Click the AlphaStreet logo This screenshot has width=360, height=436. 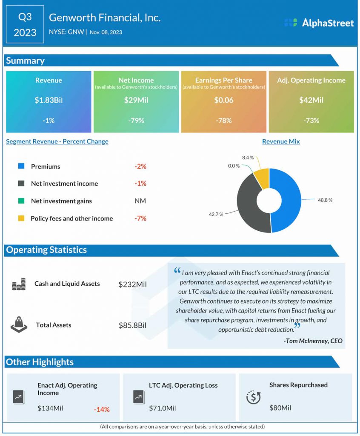tap(319, 23)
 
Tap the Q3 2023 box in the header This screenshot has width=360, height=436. tap(25, 24)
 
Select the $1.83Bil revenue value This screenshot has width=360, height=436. tap(49, 100)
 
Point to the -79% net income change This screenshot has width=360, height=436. tap(136, 120)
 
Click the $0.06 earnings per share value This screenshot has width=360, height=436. tap(223, 100)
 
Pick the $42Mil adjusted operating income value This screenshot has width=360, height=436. tap(311, 100)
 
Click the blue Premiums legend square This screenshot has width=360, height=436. tap(21, 166)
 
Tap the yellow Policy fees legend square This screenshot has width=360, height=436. tap(21, 218)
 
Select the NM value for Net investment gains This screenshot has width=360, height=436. tap(140, 201)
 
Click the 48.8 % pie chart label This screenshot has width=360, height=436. tap(325, 200)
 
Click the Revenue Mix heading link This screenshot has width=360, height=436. tap(281, 141)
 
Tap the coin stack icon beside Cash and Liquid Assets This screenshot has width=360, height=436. tap(19, 284)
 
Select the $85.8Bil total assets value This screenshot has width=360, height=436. tap(132, 325)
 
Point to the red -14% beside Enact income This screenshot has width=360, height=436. tap(102, 409)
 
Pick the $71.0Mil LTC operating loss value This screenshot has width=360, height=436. tap(163, 408)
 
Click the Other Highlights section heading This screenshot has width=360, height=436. tap(40, 362)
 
